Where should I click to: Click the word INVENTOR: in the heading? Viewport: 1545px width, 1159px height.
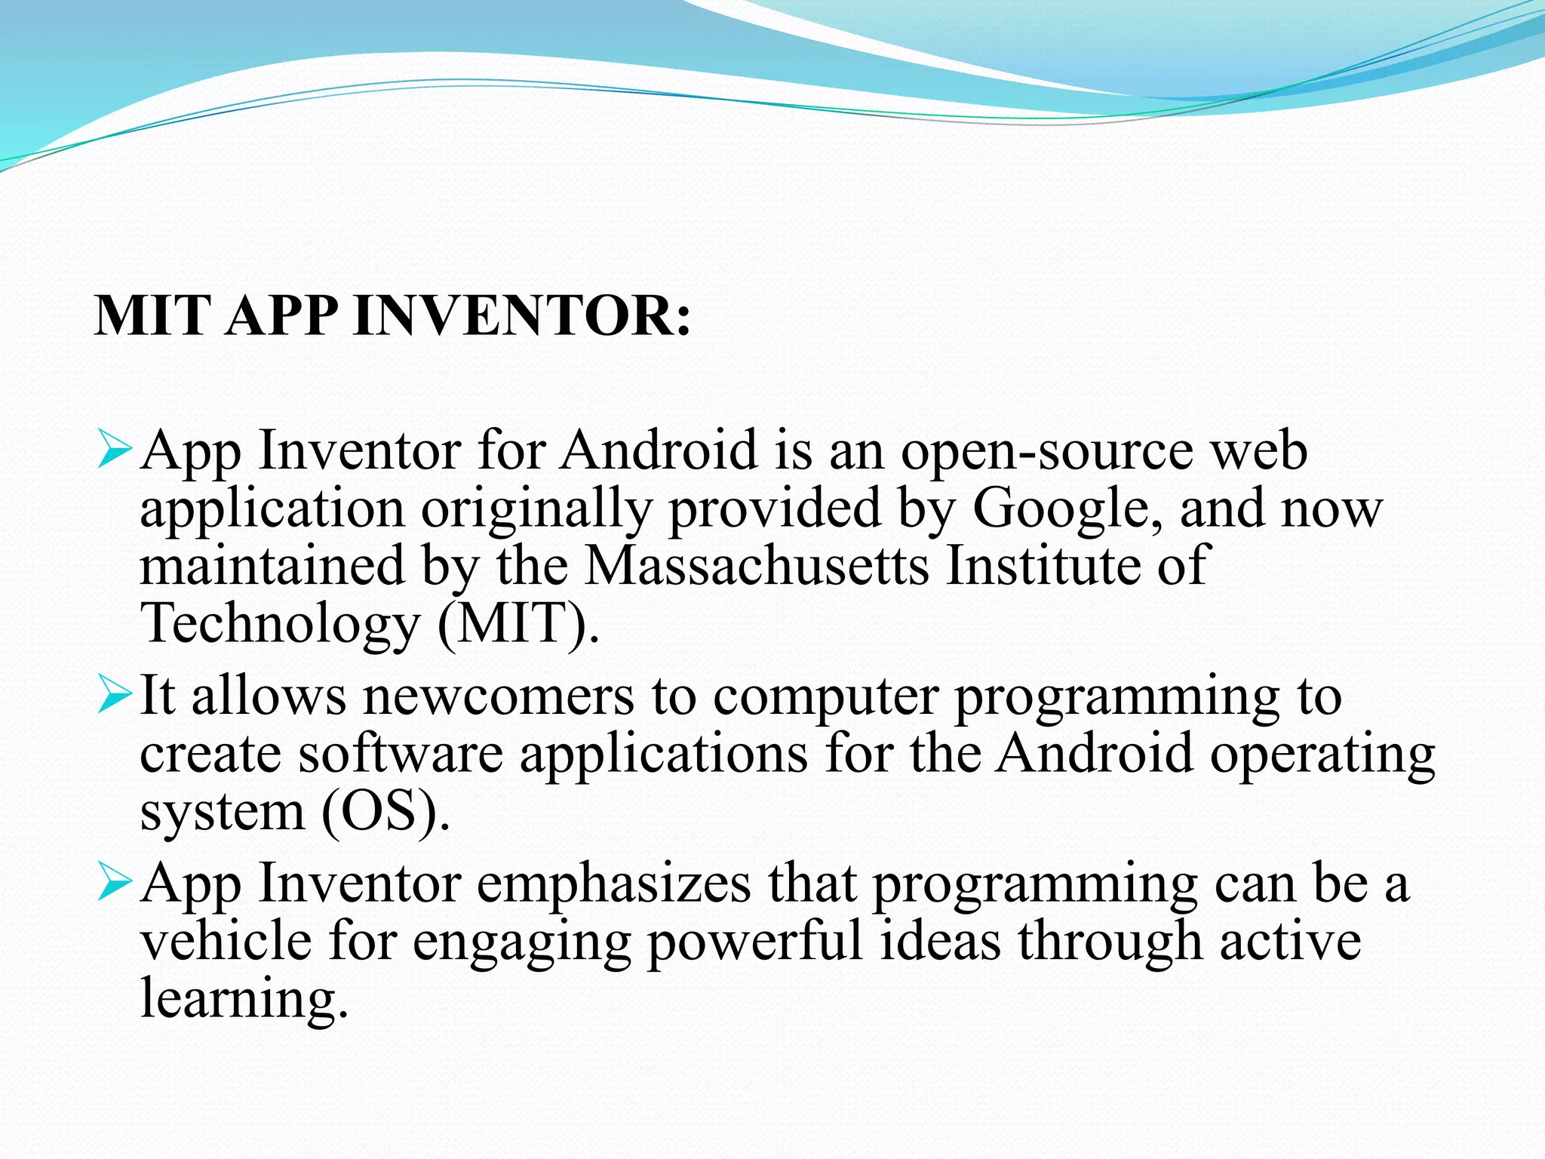point(521,315)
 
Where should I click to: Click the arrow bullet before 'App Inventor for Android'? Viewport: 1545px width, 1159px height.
point(115,450)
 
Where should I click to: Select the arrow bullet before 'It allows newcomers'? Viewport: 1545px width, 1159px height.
point(115,696)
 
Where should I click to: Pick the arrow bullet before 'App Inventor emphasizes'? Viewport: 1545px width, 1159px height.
point(115,884)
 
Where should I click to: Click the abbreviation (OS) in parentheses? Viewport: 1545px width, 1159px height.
point(385,812)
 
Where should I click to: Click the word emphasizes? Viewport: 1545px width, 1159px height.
point(614,884)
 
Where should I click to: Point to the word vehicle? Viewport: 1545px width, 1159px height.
point(226,941)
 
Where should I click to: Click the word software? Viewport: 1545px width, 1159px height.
point(400,754)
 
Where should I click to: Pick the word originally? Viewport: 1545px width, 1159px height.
point(536,510)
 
